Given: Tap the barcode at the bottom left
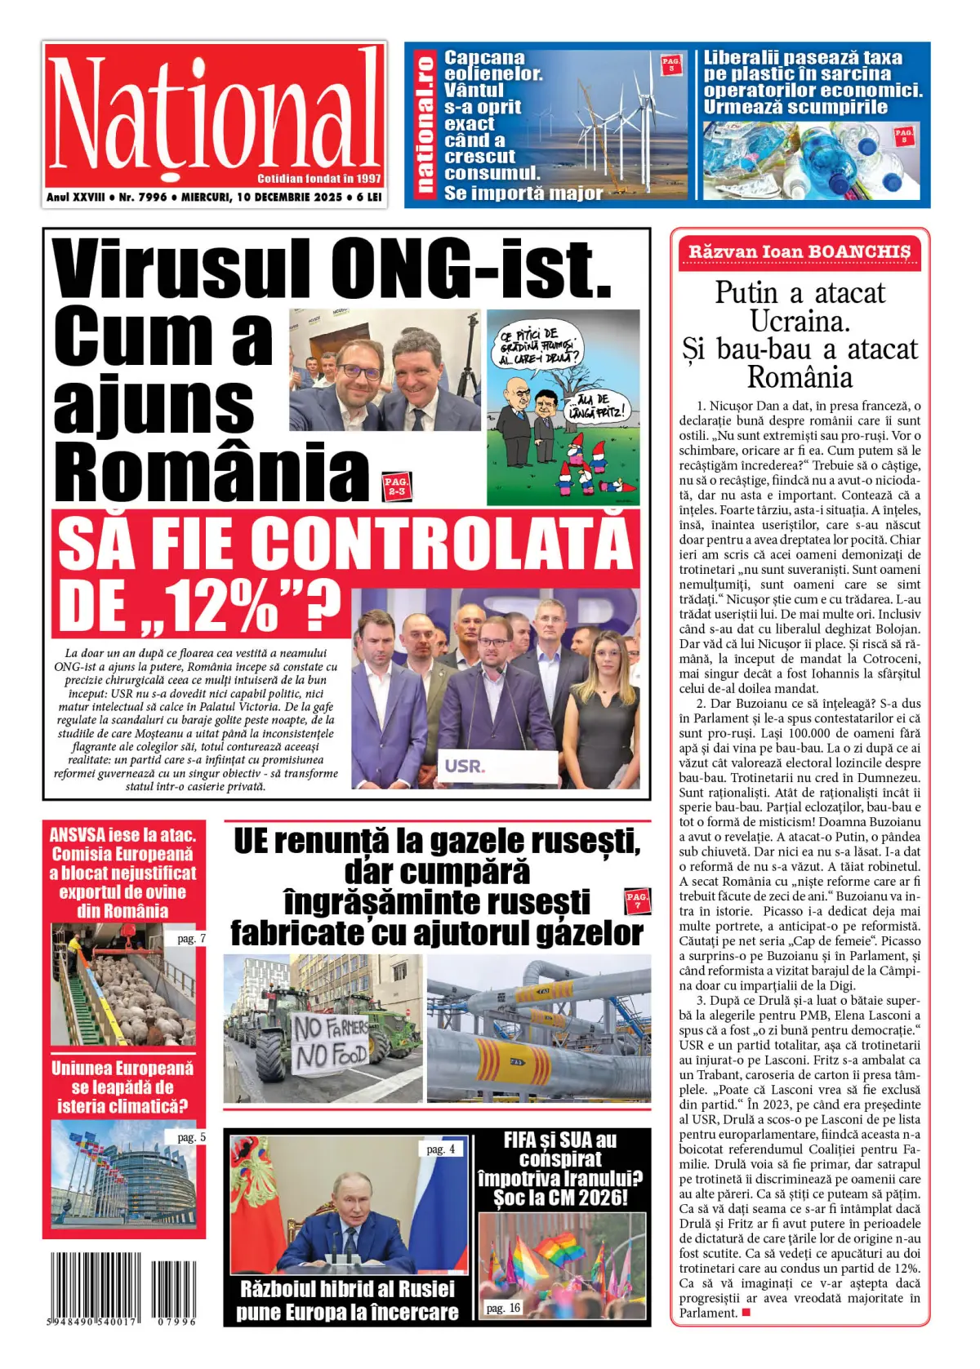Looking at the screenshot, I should pyautogui.click(x=122, y=1287).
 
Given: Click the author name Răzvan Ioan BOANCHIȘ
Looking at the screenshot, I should pyautogui.click(x=799, y=251).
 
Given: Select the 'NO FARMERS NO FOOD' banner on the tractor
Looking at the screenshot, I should pyautogui.click(x=331, y=1042).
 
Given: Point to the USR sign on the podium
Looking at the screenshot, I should pyautogui.click(x=465, y=766).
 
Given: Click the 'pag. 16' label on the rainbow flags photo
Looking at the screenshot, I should pyautogui.click(x=503, y=1308).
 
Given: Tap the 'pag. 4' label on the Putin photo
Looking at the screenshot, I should pyautogui.click(x=441, y=1149).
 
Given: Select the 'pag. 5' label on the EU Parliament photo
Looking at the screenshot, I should pyautogui.click(x=191, y=1136).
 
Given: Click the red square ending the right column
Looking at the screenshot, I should pyautogui.click(x=746, y=1313).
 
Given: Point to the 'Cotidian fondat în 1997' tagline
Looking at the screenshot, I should pyautogui.click(x=318, y=178).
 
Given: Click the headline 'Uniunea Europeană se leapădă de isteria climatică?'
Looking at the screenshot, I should pyautogui.click(x=122, y=1087).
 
